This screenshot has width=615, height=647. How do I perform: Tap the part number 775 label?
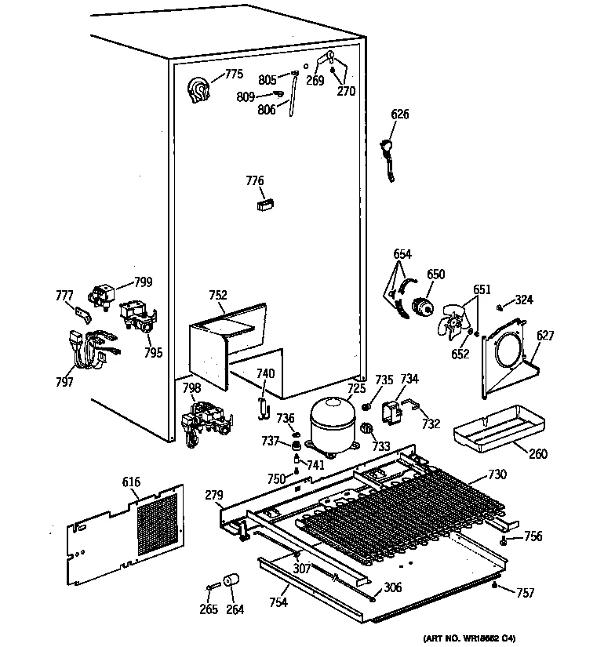tap(234, 75)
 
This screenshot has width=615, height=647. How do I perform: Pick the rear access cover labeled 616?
tap(126, 533)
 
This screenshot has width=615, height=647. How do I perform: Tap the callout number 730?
tap(497, 474)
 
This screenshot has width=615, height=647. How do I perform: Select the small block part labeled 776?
tap(263, 204)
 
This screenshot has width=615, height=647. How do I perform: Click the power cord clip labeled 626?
tap(388, 157)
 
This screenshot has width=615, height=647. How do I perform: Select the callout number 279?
tap(214, 495)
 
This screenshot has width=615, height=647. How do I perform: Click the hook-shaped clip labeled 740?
tap(264, 404)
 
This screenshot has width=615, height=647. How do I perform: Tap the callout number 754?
tap(278, 602)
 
